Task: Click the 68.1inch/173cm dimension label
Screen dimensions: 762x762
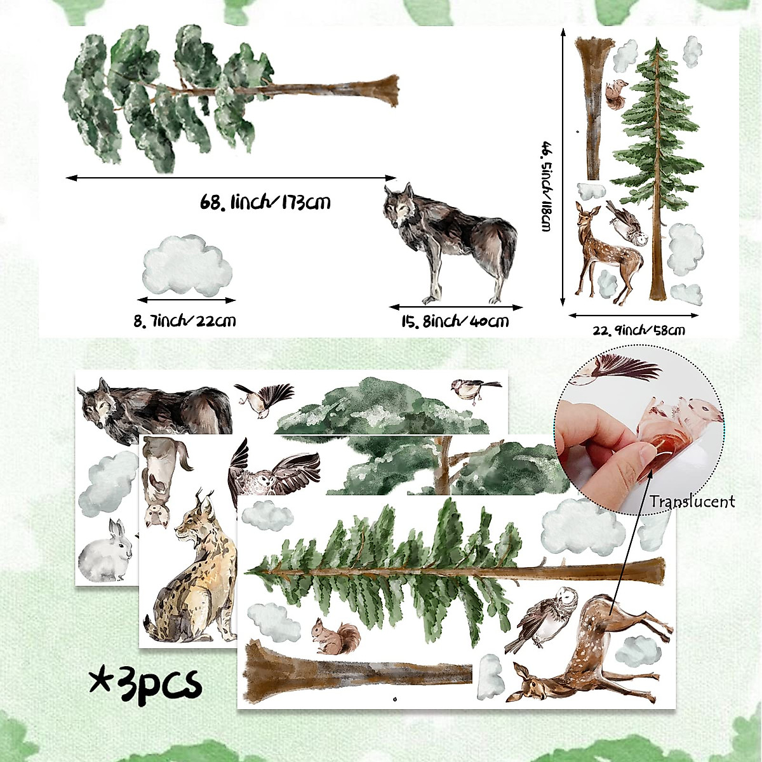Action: coord(265,203)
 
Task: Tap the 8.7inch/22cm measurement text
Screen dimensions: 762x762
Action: coord(184,320)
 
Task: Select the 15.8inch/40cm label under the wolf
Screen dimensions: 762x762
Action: coord(455,321)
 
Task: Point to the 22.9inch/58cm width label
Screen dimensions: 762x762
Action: coord(638,330)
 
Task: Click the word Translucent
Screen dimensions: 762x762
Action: coord(692,502)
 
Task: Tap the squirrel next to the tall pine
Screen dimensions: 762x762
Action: coord(615,95)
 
